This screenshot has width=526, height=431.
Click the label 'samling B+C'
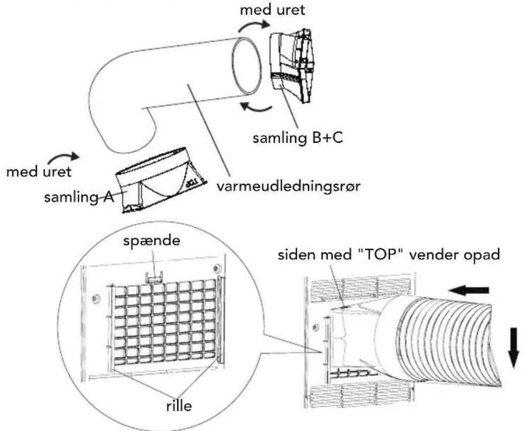coord(298,138)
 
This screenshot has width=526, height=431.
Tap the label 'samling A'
coord(79,197)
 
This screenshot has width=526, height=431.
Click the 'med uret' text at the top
coord(273,10)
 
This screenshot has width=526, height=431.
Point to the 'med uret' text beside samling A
coord(39,172)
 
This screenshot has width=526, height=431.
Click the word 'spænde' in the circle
coord(151,241)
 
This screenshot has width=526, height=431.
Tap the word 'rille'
coord(179,406)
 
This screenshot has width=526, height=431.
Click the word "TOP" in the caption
coord(381,255)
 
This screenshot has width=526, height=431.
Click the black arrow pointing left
coord(468,291)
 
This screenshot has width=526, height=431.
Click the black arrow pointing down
coord(513,348)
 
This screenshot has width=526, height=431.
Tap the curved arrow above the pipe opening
coord(254,26)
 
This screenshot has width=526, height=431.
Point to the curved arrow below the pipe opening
coord(256,107)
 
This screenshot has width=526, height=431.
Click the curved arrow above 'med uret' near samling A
coord(64,157)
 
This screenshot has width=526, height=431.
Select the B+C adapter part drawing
coord(292,66)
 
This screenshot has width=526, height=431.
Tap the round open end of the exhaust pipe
coord(247,67)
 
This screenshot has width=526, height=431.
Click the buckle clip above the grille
coord(154,277)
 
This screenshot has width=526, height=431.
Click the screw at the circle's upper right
coord(217,268)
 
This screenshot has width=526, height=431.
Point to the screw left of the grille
coord(96,298)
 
